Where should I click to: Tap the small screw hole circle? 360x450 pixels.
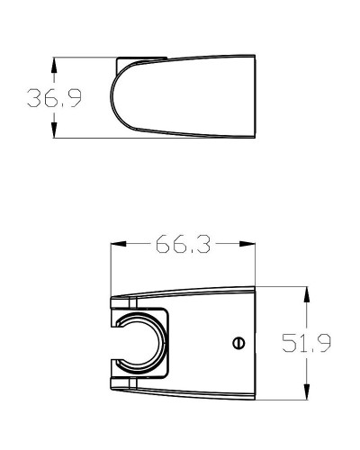(237, 342)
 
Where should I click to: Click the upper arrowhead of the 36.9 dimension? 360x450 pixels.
(56, 66)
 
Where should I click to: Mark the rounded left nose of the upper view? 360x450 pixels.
(112, 98)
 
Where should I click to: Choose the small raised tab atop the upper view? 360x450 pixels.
(141, 59)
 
